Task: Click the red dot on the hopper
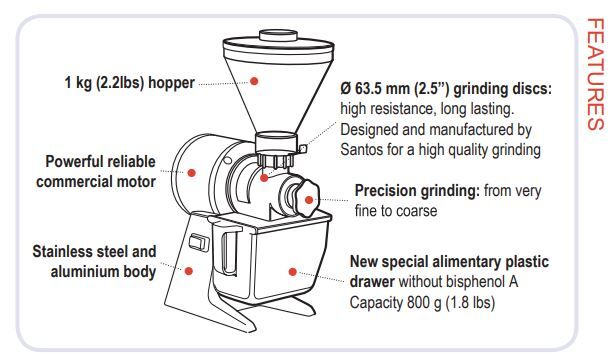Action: tap(254, 81)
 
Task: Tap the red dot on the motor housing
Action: tap(191, 173)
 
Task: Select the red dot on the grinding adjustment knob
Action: tap(309, 200)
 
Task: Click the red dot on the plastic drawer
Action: tap(292, 271)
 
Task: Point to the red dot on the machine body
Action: tap(189, 271)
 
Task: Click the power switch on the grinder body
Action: tap(197, 242)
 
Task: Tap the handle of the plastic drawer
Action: tap(229, 253)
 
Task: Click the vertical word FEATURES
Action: tap(595, 74)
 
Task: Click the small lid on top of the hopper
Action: tap(278, 35)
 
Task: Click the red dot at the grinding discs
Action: tap(264, 178)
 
